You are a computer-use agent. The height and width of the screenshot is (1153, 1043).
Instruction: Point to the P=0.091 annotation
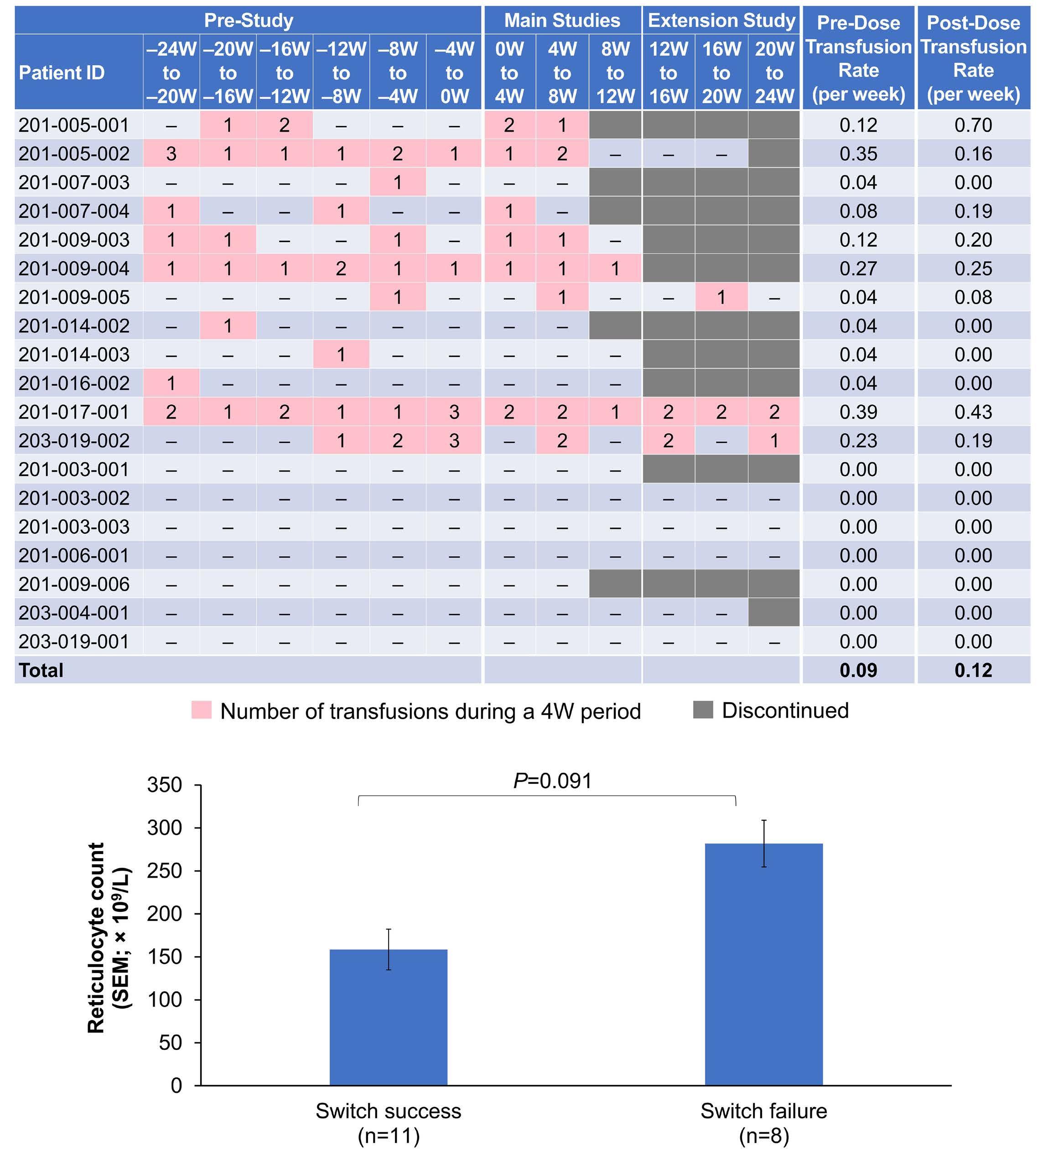[552, 780]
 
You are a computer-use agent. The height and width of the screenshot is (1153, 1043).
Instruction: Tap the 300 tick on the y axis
[165, 827]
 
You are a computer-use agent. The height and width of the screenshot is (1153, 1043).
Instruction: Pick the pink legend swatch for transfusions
[202, 710]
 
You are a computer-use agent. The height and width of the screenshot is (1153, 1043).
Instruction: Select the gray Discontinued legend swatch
[703, 710]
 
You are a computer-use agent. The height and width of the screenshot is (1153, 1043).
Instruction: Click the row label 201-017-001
[74, 412]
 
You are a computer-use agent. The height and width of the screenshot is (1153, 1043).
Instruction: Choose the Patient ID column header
[62, 72]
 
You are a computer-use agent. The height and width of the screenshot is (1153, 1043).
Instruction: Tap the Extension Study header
[721, 21]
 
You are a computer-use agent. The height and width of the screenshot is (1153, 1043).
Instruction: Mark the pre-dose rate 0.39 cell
[858, 412]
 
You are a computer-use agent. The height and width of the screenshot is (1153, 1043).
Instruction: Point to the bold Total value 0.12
[973, 670]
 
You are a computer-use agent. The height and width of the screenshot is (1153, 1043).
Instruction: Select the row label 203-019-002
[74, 440]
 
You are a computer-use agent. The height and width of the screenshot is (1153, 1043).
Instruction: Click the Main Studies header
[562, 21]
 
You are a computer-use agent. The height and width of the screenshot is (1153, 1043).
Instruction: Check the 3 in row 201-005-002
[171, 153]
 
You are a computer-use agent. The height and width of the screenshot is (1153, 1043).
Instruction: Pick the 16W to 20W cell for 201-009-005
[721, 297]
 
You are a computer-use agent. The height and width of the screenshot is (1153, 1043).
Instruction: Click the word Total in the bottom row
[41, 670]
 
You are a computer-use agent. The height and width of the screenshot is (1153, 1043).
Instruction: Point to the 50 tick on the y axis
[170, 1042]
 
